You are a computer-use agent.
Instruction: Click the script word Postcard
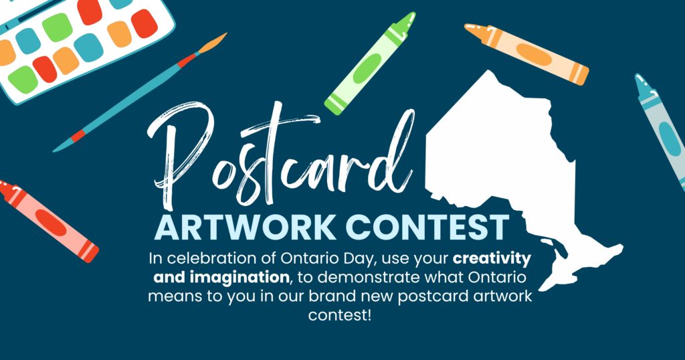(280, 157)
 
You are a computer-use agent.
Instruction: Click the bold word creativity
(492, 259)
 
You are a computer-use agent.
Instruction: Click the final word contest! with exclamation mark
(340, 314)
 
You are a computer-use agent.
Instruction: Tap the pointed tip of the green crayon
(410, 17)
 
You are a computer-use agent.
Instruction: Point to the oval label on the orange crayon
(533, 55)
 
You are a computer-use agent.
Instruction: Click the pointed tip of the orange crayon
(469, 27)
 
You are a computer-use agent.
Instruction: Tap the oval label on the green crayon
(367, 68)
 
